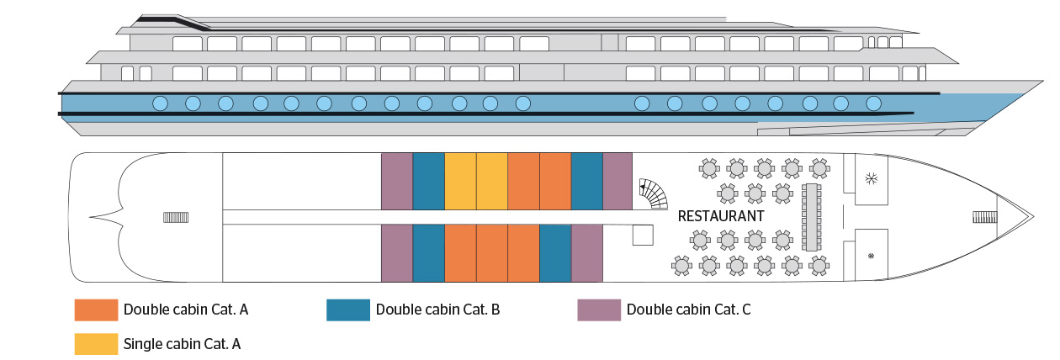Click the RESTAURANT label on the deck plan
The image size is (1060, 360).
click(721, 216)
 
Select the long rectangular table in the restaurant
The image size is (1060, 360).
click(813, 217)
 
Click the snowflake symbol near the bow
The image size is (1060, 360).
click(872, 179)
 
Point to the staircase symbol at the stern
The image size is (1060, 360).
click(176, 218)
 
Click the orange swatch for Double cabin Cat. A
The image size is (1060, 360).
click(95, 310)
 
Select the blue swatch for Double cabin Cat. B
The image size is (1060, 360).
click(347, 310)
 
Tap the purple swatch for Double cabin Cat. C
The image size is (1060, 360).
click(598, 310)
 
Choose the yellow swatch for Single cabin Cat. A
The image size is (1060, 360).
click(95, 343)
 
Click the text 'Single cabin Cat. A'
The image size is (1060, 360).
click(182, 343)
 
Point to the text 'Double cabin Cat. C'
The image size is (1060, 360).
click(688, 310)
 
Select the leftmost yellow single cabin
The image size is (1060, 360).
click(460, 181)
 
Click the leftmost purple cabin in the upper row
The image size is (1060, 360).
click(396, 181)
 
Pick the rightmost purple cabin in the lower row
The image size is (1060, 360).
click(587, 253)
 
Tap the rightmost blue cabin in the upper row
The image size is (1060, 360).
click(587, 181)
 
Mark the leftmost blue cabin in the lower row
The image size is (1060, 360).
click(428, 253)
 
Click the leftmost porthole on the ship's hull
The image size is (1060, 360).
click(160, 103)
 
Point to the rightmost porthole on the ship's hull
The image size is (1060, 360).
click(873, 103)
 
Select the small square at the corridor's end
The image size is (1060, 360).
click(644, 236)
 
